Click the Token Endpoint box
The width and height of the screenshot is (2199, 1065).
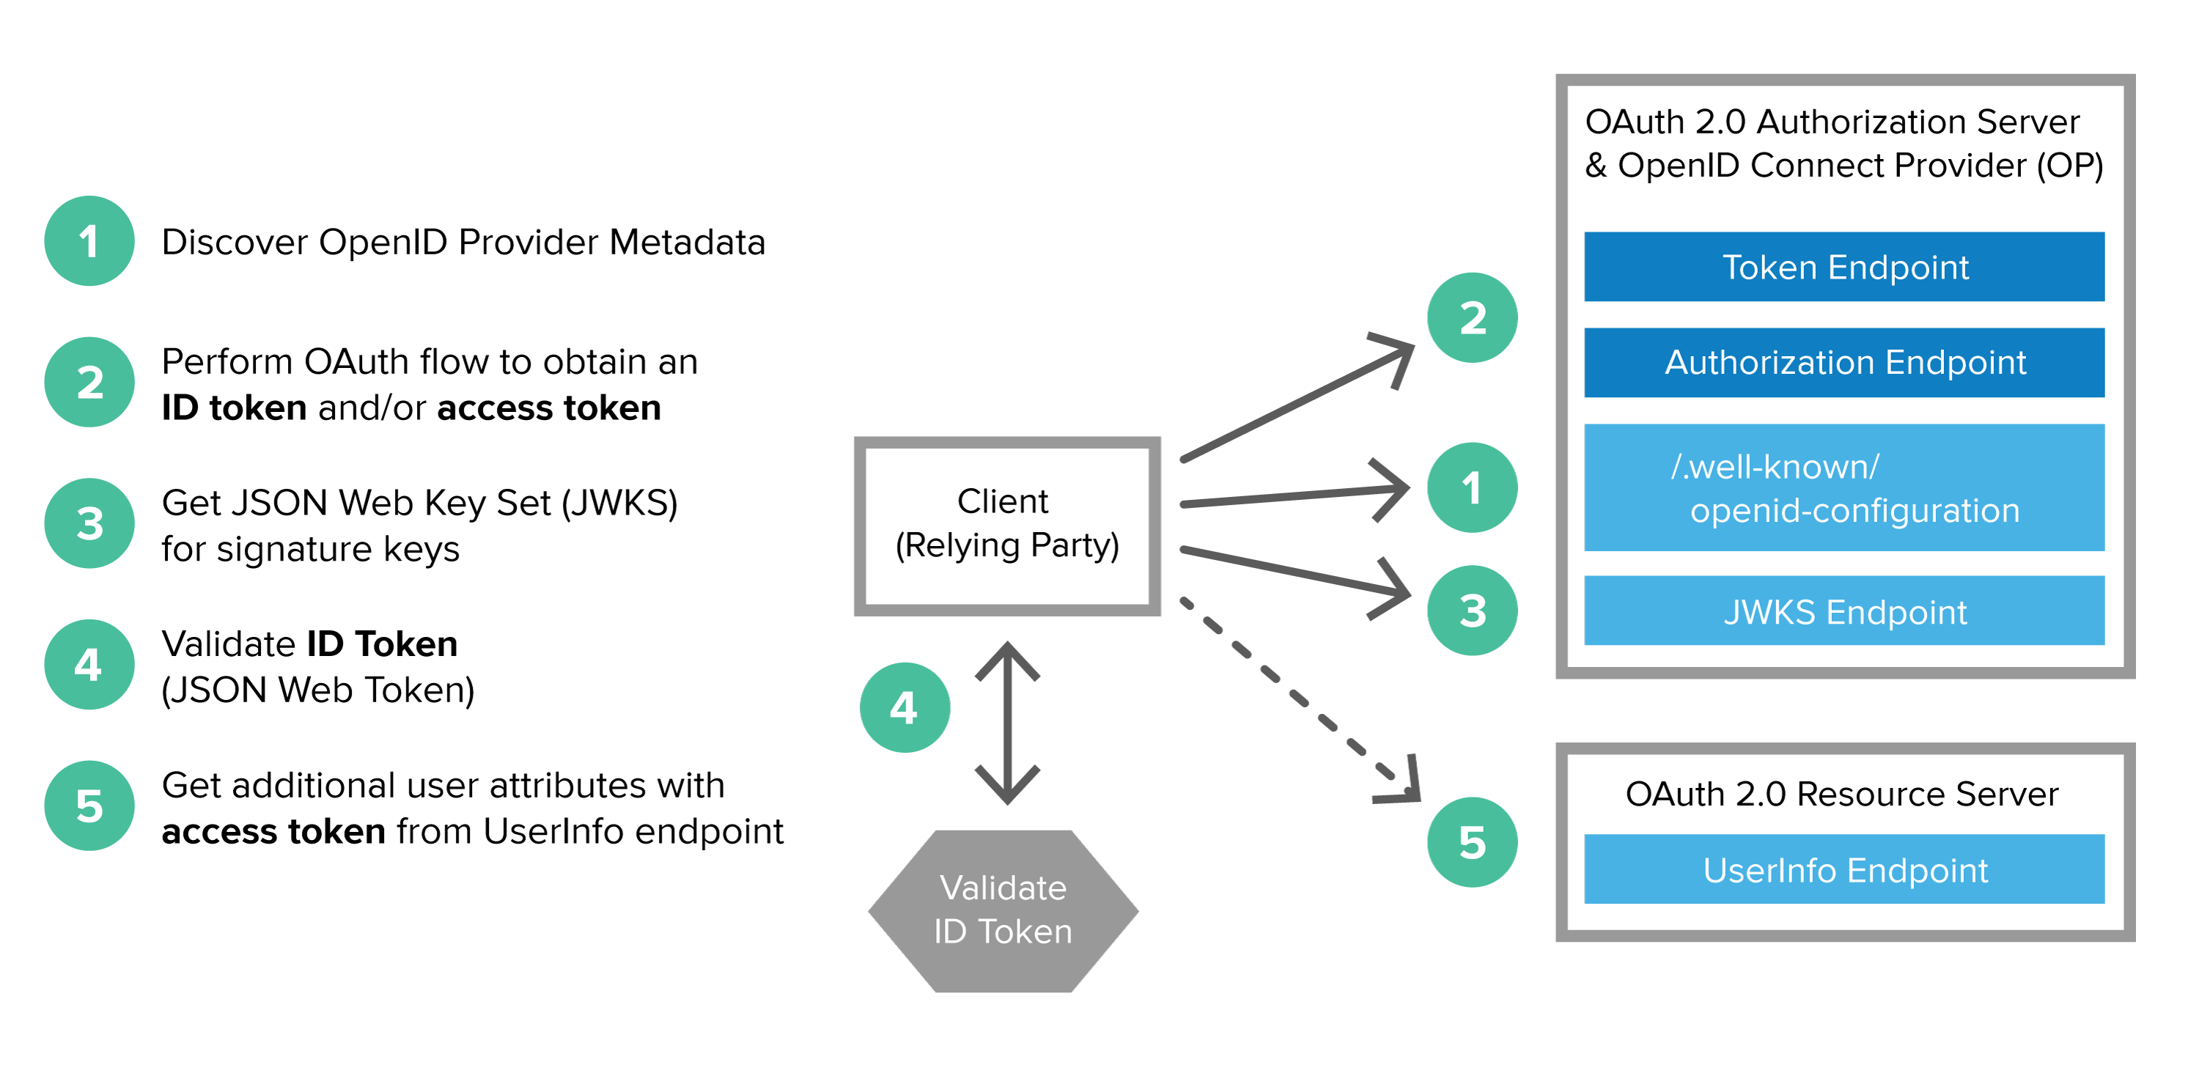pyautogui.click(x=1844, y=267)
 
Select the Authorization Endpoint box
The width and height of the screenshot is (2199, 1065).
pyautogui.click(x=1844, y=363)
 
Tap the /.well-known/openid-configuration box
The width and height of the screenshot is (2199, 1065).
pyautogui.click(x=1844, y=488)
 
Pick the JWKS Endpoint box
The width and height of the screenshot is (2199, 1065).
pyautogui.click(x=1844, y=611)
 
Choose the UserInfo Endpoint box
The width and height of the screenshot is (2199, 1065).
pyautogui.click(x=1844, y=869)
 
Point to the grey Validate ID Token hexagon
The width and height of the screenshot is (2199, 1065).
pyautogui.click(x=1003, y=910)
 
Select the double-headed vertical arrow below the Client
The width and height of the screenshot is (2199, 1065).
pyautogui.click(x=1007, y=723)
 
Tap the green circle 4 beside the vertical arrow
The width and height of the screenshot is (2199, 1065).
pyautogui.click(x=905, y=707)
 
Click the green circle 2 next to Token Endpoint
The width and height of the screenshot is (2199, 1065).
pyautogui.click(x=1472, y=317)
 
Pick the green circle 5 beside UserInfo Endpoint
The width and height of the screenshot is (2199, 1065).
pyautogui.click(x=1472, y=842)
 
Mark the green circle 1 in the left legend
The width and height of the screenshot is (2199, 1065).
pyautogui.click(x=89, y=240)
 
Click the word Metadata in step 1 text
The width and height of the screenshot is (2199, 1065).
pyautogui.click(x=688, y=243)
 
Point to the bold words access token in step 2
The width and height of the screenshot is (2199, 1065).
pyautogui.click(x=549, y=408)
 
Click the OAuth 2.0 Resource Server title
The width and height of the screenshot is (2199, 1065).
pyautogui.click(x=1841, y=794)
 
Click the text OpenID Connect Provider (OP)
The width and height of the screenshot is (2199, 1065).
pyautogui.click(x=1860, y=166)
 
